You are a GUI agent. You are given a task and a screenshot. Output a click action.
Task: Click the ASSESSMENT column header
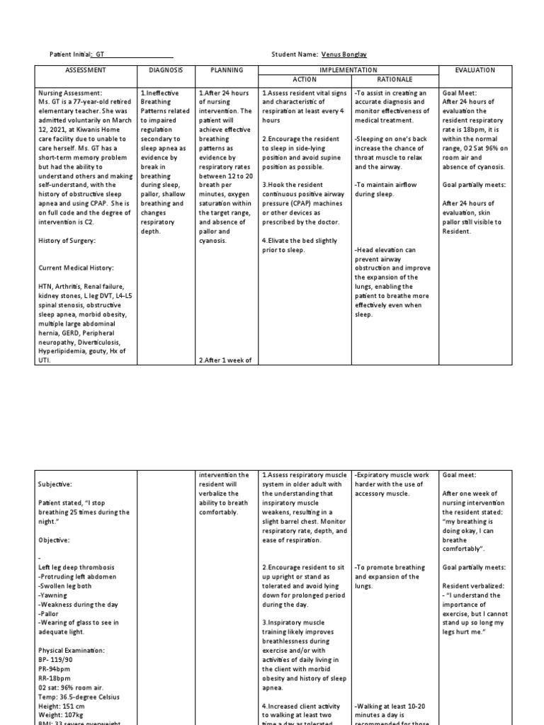(85, 70)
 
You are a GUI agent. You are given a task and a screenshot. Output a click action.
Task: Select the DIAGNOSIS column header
(166, 70)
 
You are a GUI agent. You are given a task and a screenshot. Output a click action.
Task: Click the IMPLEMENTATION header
(348, 70)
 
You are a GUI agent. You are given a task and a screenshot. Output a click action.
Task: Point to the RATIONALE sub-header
(394, 79)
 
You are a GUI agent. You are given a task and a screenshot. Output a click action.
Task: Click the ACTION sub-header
(305, 79)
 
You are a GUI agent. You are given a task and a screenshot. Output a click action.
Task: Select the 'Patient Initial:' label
(69, 55)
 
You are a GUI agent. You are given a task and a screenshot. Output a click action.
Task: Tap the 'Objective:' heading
(53, 540)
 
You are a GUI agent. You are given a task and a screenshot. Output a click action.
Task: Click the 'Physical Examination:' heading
(72, 649)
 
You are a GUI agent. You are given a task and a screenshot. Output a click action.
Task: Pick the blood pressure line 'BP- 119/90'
(56, 659)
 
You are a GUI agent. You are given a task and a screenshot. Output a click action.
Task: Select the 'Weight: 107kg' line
(61, 714)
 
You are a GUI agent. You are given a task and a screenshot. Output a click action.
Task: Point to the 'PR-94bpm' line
(54, 668)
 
